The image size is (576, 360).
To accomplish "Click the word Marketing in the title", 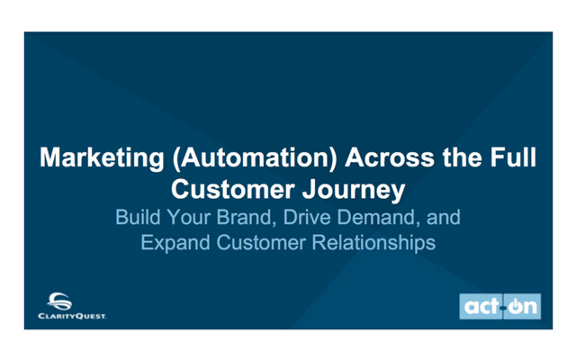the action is tap(102, 158).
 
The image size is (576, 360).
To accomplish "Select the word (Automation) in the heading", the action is tap(254, 158).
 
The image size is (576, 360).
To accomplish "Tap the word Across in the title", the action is tap(390, 157).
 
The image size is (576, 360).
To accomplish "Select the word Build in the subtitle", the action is tap(138, 217).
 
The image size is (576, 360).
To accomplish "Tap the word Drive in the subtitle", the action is tap(307, 217).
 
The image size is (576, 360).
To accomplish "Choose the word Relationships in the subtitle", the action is tap(373, 243).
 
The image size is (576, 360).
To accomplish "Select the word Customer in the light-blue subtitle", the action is tap(261, 242).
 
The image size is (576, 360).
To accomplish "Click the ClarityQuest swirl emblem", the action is tap(59, 301).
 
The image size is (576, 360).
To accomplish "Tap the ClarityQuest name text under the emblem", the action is tap(72, 316).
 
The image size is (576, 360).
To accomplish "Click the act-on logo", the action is tap(500, 306).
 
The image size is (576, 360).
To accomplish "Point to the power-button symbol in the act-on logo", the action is tap(515, 306).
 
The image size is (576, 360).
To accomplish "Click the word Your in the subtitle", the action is tap(188, 217).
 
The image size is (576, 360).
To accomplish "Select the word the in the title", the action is tap(463, 157).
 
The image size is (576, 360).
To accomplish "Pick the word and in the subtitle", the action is tap(444, 217).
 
